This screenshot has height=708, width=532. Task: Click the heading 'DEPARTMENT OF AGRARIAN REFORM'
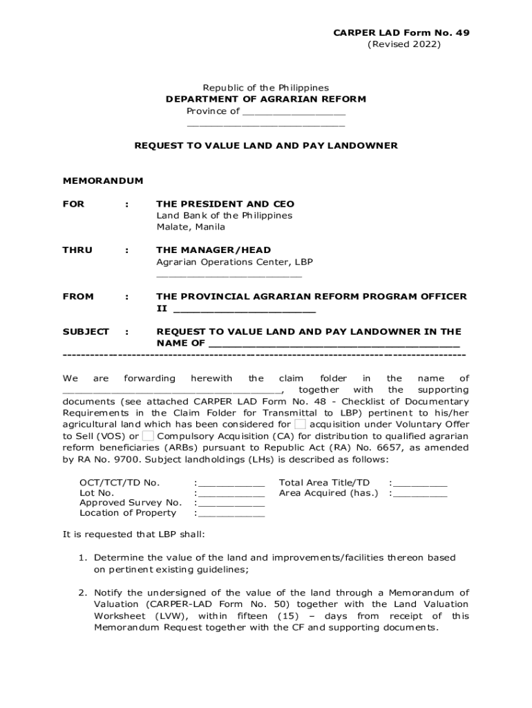click(265, 100)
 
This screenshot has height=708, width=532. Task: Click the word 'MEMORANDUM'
click(103, 181)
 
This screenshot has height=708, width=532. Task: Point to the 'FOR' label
click(73, 204)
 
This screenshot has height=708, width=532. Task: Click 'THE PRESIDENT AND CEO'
click(225, 204)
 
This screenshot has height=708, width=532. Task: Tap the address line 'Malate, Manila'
click(190, 227)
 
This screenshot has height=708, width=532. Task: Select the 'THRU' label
click(77, 250)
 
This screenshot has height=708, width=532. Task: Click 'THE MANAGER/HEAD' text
click(213, 250)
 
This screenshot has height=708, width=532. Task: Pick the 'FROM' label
click(78, 297)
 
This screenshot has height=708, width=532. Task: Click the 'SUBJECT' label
click(86, 332)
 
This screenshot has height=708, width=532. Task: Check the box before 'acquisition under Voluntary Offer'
click(300, 424)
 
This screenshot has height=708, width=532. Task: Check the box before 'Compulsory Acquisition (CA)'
click(148, 436)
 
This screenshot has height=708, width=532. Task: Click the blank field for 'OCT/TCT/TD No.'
click(231, 483)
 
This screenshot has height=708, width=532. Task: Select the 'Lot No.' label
click(97, 493)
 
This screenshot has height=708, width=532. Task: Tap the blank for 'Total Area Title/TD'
click(420, 483)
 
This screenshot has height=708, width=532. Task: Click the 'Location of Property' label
click(128, 513)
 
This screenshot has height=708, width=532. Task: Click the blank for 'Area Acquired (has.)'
click(420, 493)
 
